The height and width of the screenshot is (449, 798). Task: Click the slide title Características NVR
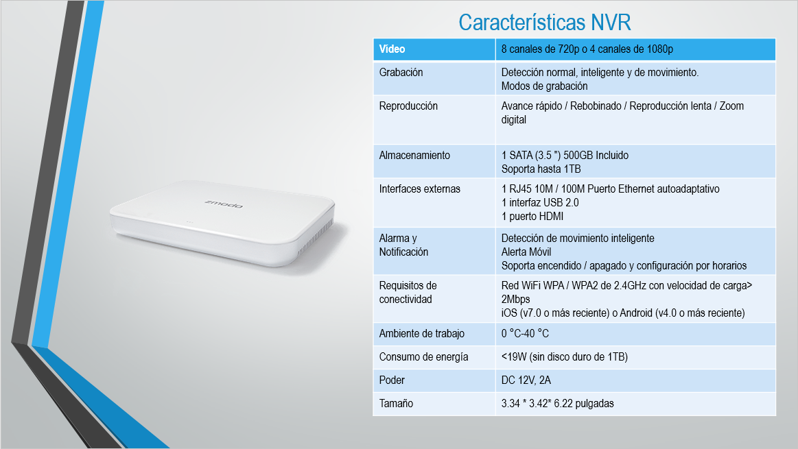coord(545,23)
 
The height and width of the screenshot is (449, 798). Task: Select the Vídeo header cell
coord(434,49)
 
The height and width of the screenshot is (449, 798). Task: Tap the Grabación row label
coord(401,72)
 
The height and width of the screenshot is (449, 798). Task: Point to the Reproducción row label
coord(408,106)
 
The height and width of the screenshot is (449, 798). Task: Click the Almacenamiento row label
coord(414,155)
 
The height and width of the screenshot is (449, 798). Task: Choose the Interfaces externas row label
coord(419,189)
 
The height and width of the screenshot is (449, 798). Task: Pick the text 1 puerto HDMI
coord(532,216)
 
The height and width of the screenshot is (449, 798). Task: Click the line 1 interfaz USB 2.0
coord(540,202)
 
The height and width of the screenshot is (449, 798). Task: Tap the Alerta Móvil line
coord(526,252)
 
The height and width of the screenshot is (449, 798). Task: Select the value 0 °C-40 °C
coord(525,334)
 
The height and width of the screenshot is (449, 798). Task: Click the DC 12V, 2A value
coord(526,380)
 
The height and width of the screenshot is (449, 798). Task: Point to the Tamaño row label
coord(396,403)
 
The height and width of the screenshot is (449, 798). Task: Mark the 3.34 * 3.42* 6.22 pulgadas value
coord(557,403)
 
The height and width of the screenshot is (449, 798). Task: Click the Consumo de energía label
coord(423,357)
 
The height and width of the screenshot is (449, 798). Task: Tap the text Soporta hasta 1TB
coord(541,169)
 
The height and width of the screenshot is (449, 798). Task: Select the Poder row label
coord(392,380)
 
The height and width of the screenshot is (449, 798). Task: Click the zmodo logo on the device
coord(224,204)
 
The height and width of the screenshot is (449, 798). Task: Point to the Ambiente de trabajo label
coord(421,334)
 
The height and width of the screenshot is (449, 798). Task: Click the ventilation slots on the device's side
coord(315,237)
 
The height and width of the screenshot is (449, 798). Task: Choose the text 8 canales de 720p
coord(540,49)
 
